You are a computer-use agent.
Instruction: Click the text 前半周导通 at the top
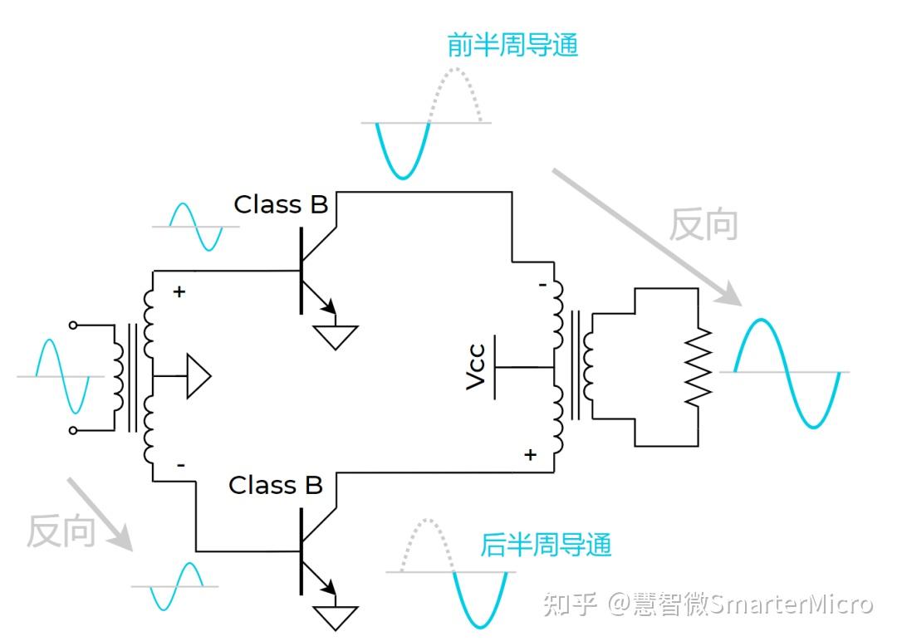click(x=512, y=45)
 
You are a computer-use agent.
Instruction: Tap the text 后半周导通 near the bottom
click(x=546, y=545)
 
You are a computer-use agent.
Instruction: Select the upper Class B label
click(x=281, y=204)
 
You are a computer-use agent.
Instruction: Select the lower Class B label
click(x=276, y=485)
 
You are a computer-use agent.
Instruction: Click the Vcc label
click(x=476, y=368)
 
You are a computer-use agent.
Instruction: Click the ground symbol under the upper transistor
click(x=336, y=336)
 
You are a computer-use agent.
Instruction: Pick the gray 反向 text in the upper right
click(x=703, y=224)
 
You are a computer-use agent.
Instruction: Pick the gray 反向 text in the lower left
click(x=61, y=531)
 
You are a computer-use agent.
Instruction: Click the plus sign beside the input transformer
click(x=179, y=291)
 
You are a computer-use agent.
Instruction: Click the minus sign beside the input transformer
click(x=181, y=464)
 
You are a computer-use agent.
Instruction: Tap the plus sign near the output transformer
click(x=530, y=454)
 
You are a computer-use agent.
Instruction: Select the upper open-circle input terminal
click(x=73, y=325)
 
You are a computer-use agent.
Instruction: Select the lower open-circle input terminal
click(x=73, y=430)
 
